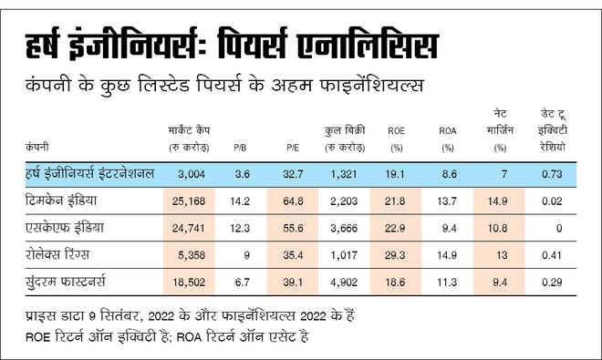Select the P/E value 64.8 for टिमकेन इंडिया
294,201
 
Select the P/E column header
293,146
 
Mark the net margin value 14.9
498,201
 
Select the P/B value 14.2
242,201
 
